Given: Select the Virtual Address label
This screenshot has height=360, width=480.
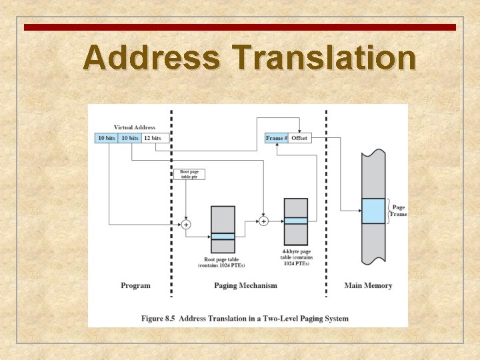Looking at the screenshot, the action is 135,127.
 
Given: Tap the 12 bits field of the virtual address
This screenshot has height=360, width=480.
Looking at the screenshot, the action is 152,138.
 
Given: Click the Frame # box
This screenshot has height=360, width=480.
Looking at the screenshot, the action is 277,138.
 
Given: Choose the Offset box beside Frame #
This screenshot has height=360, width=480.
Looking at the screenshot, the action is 299,138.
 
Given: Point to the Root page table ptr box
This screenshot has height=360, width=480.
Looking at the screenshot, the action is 189,175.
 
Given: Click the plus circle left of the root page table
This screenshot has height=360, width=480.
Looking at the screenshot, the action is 186,225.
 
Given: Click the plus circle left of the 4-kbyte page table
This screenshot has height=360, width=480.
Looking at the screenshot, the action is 263,221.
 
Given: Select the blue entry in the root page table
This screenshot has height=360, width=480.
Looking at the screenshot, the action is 223,236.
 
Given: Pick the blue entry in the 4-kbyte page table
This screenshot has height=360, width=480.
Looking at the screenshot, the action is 295,221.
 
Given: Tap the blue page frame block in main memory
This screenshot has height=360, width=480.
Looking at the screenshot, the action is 373,211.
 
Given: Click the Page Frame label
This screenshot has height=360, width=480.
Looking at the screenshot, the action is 399,211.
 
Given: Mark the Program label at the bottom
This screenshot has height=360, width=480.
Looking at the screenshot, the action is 135,285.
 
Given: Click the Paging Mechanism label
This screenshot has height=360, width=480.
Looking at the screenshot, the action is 245,285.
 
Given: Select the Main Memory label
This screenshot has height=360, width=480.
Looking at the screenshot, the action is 368,285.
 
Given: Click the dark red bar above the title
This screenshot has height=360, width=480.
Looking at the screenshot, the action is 240,27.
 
